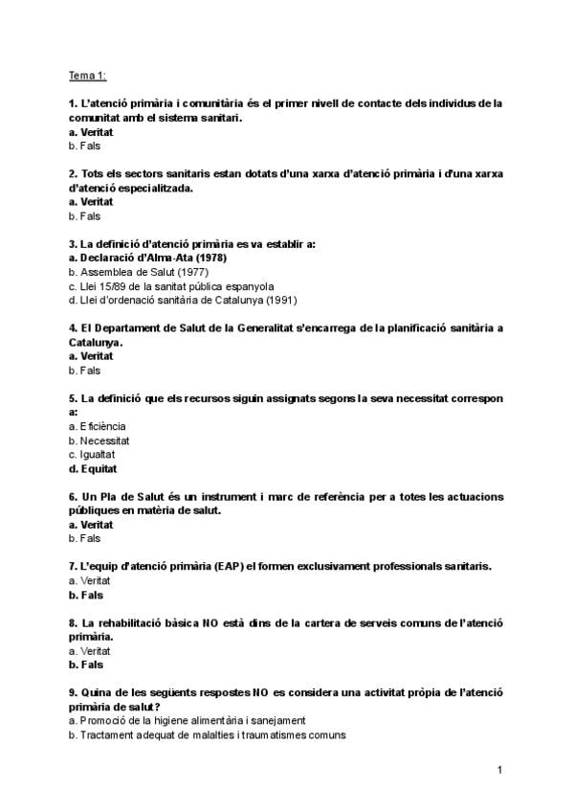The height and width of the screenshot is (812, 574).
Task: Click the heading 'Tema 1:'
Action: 88,75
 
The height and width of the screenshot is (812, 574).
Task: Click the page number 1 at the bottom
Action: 499,770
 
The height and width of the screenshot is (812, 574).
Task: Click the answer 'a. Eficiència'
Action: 97,426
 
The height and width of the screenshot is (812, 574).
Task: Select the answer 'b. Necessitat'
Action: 99,440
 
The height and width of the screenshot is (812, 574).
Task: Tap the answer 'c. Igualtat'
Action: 92,455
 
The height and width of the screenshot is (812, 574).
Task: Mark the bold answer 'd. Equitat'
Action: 93,469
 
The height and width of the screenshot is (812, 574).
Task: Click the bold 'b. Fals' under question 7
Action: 85,595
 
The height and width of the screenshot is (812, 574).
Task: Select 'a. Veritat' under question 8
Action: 90,651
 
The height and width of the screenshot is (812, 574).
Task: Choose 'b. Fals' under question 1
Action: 84,146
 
